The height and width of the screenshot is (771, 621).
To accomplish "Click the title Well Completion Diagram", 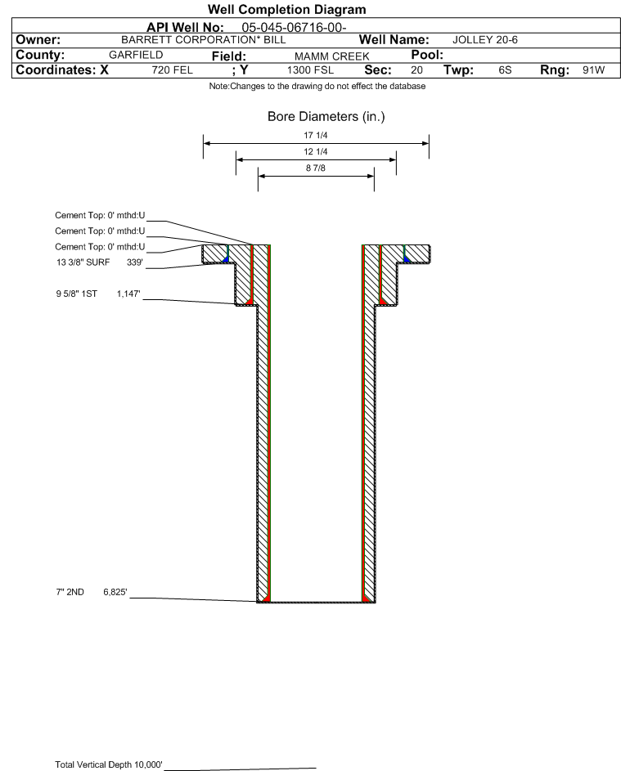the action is [286, 9].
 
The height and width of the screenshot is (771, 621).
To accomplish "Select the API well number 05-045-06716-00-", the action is [294, 28].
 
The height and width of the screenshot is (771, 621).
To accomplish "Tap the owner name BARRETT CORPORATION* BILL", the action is [203, 40].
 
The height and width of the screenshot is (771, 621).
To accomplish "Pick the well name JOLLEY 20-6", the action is [484, 40].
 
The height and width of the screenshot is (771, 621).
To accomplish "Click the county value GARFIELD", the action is [136, 55].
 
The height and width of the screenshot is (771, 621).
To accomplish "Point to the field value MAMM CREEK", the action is [331, 56].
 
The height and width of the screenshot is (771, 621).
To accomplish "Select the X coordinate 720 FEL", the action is [172, 69].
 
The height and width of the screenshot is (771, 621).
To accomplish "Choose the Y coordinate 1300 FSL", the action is [310, 69].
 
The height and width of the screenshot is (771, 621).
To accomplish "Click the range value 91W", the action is [593, 69].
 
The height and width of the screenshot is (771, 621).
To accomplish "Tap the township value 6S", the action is [505, 69].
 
